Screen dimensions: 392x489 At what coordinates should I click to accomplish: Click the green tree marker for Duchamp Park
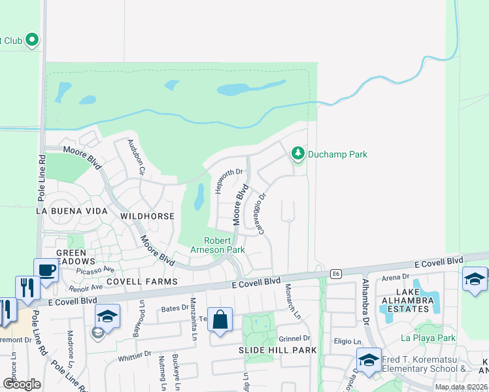coord(298,154)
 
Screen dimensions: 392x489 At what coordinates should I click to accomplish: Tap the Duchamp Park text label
coord(337,154)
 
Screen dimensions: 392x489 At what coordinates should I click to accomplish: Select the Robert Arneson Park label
coord(218,245)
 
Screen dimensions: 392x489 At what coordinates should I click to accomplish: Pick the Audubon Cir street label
coord(135,157)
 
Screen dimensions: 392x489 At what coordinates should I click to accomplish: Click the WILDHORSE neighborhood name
coord(147,216)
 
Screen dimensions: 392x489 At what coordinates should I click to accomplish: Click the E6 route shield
coord(336,274)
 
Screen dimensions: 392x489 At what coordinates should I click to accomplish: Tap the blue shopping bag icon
coord(220,320)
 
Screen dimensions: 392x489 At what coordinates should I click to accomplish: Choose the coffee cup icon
coord(46,270)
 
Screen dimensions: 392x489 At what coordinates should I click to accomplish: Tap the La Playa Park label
coord(428,338)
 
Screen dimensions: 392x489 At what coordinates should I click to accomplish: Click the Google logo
coord(22,384)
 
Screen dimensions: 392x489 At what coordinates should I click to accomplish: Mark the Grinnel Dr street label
coord(294,338)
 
